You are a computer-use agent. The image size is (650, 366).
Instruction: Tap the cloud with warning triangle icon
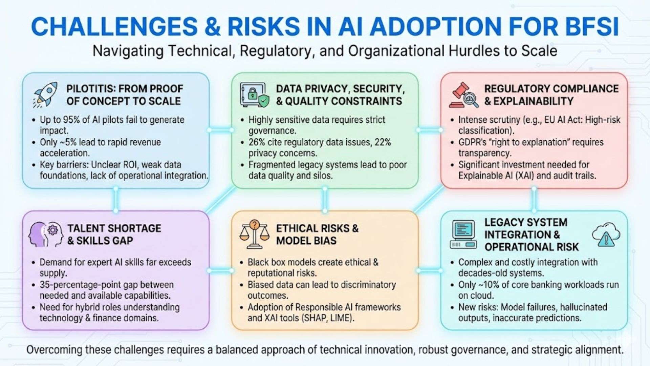[606, 235]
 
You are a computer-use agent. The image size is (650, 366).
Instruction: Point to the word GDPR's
[473, 142]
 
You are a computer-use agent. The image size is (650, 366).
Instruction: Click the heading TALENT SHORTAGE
[114, 228]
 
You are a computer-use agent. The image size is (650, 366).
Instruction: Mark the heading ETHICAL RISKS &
[317, 228]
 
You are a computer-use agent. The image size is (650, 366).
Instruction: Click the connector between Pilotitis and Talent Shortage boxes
[116, 200]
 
